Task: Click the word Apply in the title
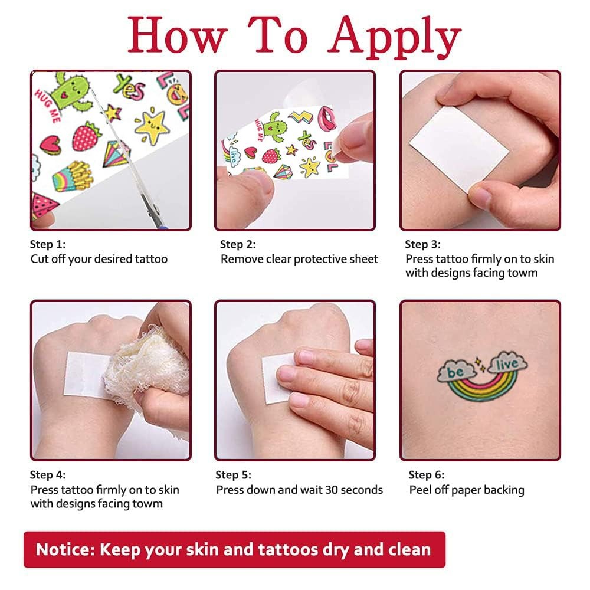pos(394,37)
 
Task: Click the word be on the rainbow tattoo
pos(455,372)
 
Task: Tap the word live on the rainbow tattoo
pos(506,363)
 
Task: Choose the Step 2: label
pos(238,244)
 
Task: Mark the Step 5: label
pos(233,475)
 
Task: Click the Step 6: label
pos(427,475)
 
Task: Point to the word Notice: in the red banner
pos(65,549)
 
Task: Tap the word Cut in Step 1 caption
pos(40,259)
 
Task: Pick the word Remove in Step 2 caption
pos(240,259)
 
